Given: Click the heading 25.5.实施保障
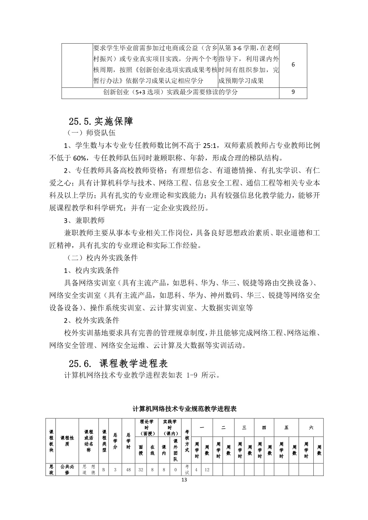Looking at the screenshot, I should (101, 121).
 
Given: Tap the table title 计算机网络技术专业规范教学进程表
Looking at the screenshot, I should (184, 409).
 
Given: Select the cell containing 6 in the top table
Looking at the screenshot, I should (293, 65).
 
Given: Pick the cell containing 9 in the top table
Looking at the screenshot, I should (293, 92).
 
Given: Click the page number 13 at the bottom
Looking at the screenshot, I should (184, 480).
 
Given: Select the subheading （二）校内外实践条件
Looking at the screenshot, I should (101, 258).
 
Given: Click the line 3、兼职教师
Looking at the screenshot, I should (84, 220).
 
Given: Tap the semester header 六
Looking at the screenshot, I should (311, 427).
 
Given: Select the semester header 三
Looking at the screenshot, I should (244, 427).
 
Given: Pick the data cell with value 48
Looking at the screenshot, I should (128, 470).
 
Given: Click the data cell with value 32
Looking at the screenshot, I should (141, 470).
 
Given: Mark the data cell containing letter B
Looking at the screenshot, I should (104, 470).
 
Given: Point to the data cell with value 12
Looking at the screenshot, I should (207, 470).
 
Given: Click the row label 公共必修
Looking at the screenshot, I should (67, 470).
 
